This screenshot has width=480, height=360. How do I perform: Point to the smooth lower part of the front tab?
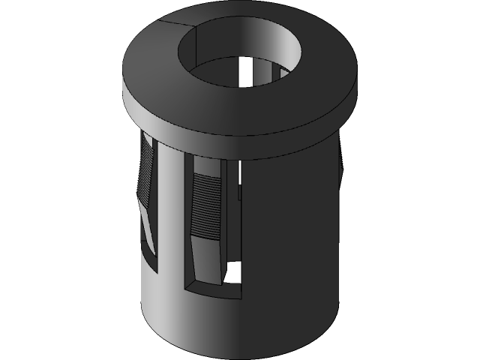(210, 259)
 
